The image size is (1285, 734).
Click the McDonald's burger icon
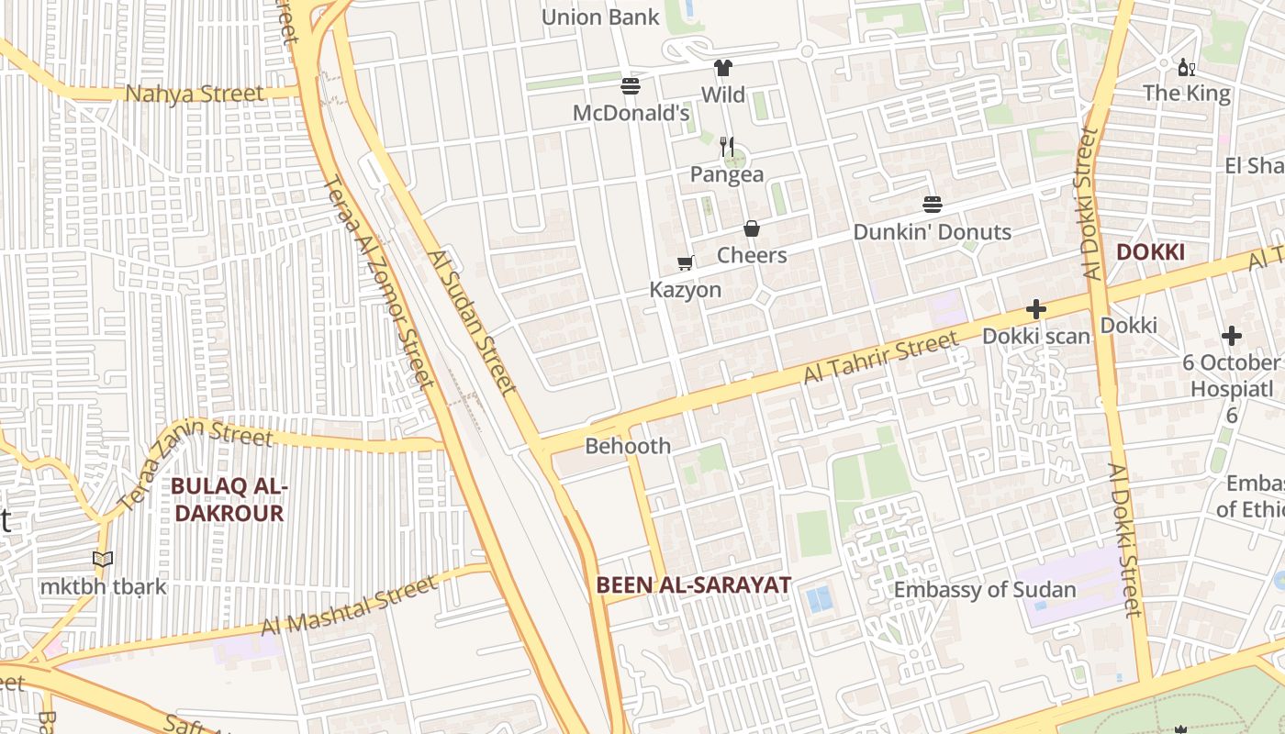click(x=631, y=86)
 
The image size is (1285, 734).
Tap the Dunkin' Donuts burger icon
click(x=933, y=205)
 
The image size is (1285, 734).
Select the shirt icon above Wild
click(x=723, y=68)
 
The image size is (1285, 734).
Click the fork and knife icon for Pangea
click(x=727, y=146)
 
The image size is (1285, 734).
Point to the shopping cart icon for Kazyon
click(x=685, y=263)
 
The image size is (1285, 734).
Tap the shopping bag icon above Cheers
click(x=752, y=228)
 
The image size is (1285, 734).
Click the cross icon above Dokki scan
click(x=1036, y=310)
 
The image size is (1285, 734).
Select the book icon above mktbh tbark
click(x=103, y=559)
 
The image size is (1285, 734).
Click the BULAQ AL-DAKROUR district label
click(x=229, y=499)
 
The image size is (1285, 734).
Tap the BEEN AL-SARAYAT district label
click(x=693, y=584)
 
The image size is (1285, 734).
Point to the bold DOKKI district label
click(x=1150, y=252)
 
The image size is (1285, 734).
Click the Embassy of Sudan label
click(x=985, y=589)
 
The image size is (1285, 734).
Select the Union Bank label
click(x=600, y=17)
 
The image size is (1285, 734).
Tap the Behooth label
click(x=628, y=446)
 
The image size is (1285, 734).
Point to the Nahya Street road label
click(x=195, y=94)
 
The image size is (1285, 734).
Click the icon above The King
click(x=1186, y=67)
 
